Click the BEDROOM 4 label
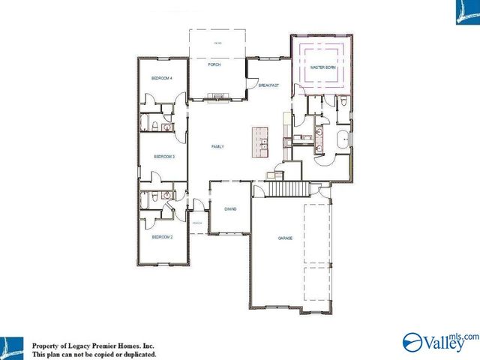pos(162,78)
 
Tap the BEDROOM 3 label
pos(163,157)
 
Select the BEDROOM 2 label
pos(162,237)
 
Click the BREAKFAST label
pos(268,85)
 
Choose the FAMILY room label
pos(217,147)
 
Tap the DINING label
pos(229,209)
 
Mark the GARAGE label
pos(285,238)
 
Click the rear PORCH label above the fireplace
pos(214,65)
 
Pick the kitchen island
pos(260,142)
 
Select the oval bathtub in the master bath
pos(341,140)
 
